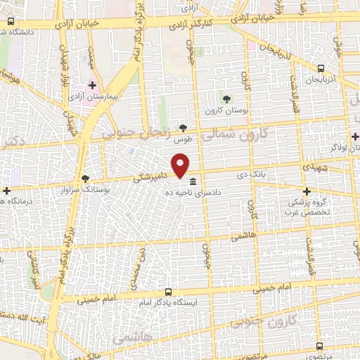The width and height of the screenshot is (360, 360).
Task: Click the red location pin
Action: [181, 166]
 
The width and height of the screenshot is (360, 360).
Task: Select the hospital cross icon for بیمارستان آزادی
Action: [92, 84]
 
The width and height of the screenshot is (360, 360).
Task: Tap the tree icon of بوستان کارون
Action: [226, 99]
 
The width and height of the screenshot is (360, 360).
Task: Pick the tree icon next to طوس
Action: [184, 127]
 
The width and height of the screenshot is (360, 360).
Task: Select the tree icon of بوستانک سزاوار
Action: [86, 179]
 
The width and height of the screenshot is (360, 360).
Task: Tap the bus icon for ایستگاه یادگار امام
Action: [167, 292]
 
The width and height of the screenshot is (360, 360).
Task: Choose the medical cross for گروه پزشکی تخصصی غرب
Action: [306, 191]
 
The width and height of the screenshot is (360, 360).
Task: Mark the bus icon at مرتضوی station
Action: [320, 346]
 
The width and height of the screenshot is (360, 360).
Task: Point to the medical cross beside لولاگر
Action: [354, 136]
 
